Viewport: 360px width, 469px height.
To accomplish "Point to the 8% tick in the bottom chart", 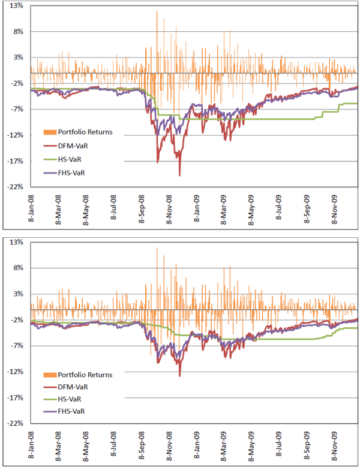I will click(x=16, y=268).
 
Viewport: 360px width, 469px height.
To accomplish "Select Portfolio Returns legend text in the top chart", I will click(x=85, y=132).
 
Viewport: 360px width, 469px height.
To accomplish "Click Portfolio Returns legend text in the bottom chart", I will click(x=85, y=375).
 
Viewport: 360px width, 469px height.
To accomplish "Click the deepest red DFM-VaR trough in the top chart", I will click(x=180, y=175).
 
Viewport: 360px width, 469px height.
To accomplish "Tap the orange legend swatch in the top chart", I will click(x=49, y=132).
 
